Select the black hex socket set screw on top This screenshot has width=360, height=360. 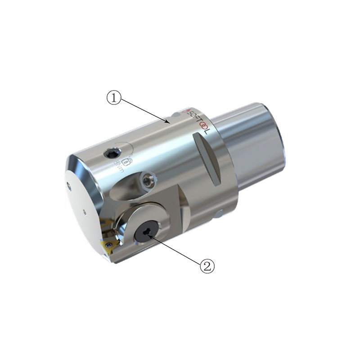coord(109,154)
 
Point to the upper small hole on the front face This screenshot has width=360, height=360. coord(68,184)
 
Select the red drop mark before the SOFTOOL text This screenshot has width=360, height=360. coord(183,110)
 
